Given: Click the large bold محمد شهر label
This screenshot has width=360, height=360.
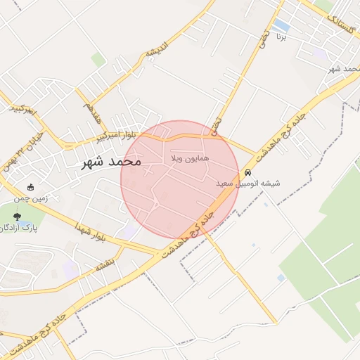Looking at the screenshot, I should pyautogui.click(x=110, y=162).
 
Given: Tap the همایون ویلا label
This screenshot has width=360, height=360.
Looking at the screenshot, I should pyautogui.click(x=190, y=160).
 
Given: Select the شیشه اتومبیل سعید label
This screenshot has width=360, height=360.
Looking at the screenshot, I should pyautogui.click(x=247, y=184).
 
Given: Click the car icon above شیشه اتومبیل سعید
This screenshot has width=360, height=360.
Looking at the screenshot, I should pyautogui.click(x=247, y=173).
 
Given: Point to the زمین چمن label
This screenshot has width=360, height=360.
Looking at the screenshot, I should pyautogui.click(x=32, y=198).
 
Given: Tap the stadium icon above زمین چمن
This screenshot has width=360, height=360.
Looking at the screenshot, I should pyautogui.click(x=31, y=187).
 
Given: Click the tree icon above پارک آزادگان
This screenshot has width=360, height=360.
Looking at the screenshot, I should pyautogui.click(x=17, y=217).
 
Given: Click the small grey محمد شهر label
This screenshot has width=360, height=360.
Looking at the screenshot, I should pyautogui.click(x=344, y=69).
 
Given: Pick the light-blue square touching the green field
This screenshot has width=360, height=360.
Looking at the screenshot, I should pyautogui.click(x=281, y=278).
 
